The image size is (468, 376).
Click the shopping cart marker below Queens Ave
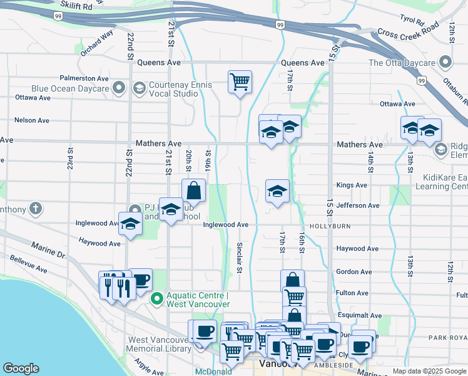pos(240,81)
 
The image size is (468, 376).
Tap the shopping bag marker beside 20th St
pos(193,191)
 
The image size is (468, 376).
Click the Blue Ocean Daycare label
pos(69,88)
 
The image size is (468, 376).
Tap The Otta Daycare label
pos(402,63)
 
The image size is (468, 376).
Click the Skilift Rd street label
pos(76,6)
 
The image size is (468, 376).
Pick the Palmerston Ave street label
pos(84,78)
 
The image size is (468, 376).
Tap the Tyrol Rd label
pos(414,19)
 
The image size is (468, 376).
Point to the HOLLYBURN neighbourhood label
pos(328,225)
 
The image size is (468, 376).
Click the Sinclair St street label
pos(240,258)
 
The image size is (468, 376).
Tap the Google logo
pos(21,368)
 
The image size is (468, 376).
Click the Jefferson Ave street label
pos(357,206)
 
